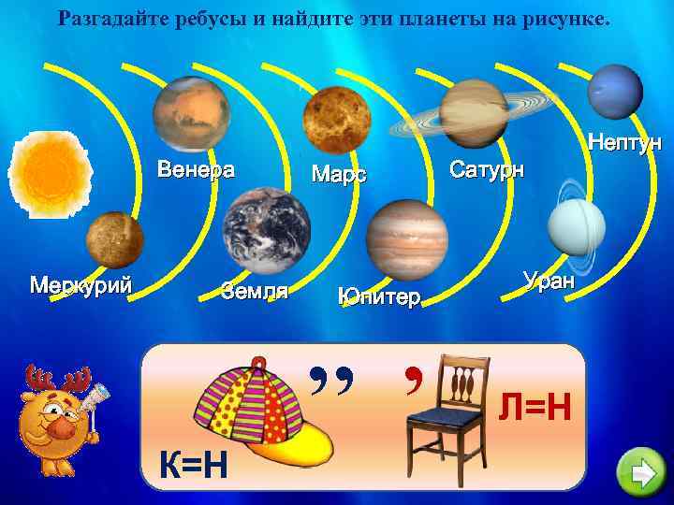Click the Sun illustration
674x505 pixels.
(x=48, y=174)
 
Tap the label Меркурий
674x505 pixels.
(x=81, y=284)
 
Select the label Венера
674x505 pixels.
(x=196, y=170)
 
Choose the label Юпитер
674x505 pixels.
(x=379, y=297)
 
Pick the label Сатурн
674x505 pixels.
(x=487, y=170)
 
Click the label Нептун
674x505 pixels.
(x=623, y=143)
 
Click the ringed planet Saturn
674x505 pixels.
(x=472, y=113)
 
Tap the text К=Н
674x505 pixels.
(x=192, y=462)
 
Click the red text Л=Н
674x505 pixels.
(x=534, y=407)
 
